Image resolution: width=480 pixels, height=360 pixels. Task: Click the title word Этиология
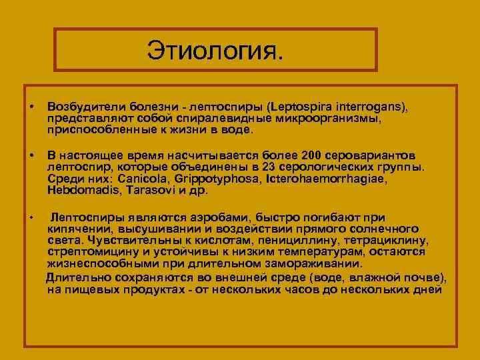coord(215,51)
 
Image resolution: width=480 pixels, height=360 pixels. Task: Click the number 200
coord(312,155)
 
